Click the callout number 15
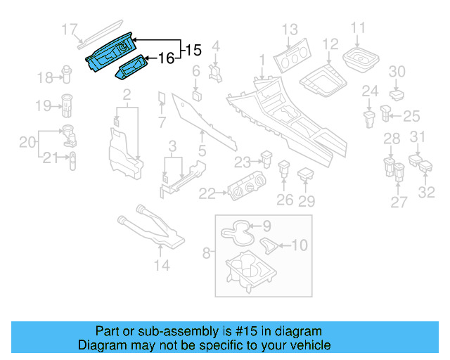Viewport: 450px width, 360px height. click(193, 50)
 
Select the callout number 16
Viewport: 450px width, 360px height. click(167, 58)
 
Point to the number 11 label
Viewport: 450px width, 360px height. click(359, 29)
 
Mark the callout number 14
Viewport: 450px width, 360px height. click(162, 265)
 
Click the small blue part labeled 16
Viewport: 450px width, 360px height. click(133, 68)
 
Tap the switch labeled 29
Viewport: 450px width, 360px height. click(306, 173)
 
